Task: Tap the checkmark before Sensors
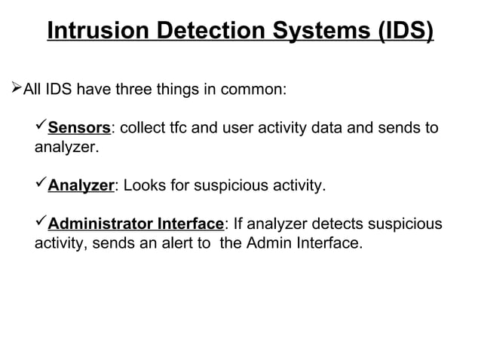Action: [41, 127]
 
